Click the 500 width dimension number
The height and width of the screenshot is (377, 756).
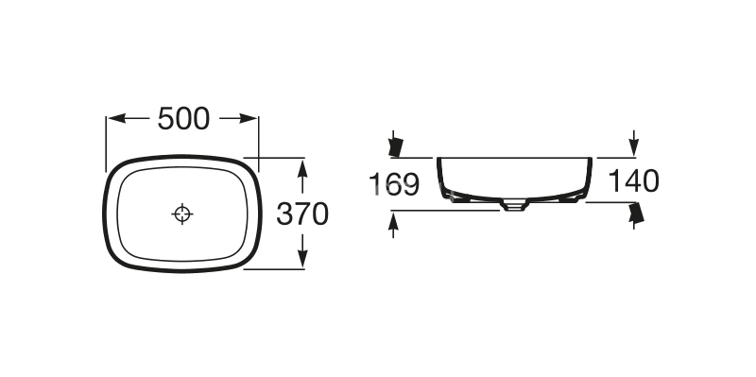point(183,119)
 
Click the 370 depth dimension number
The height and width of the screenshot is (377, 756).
point(302,214)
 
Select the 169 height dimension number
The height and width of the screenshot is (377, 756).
point(394,184)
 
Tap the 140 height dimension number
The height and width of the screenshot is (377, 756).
point(633,181)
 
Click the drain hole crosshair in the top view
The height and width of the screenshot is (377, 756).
point(182,214)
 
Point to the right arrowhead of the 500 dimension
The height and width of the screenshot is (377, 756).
point(249,119)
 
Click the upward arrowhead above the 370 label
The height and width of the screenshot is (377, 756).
point(302,169)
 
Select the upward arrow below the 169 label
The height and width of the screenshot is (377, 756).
point(393,225)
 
